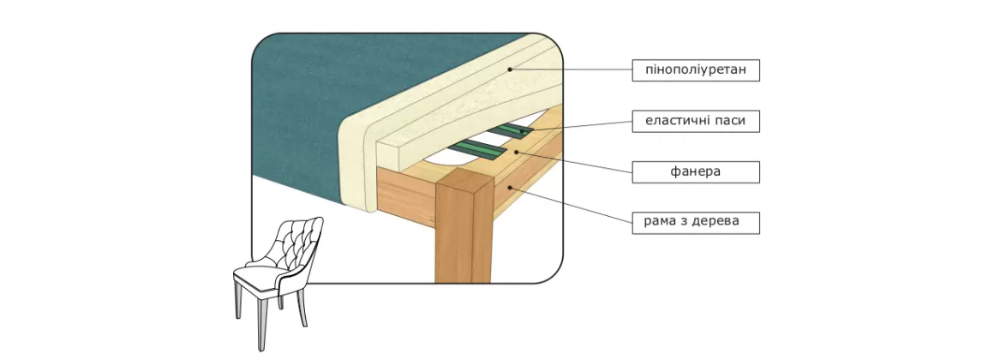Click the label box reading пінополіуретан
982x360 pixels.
tap(696, 69)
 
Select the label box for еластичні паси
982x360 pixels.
tap(696, 121)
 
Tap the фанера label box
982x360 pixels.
tap(696, 171)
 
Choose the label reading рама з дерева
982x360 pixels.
tap(696, 222)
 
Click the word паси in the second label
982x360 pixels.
tap(739, 121)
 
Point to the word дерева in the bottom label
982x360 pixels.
tap(718, 222)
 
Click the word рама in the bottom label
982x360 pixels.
tap(660, 222)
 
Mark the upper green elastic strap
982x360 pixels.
tap(514, 129)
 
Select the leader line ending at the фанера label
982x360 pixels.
tap(574, 161)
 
